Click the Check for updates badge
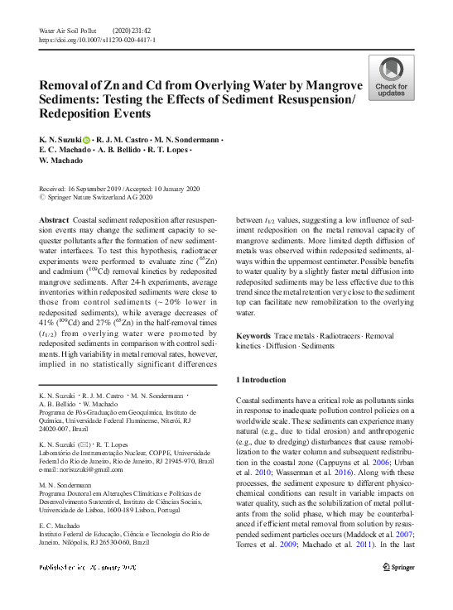[391, 79]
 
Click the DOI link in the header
[97, 39]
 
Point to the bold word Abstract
[54, 219]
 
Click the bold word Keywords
[254, 335]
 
